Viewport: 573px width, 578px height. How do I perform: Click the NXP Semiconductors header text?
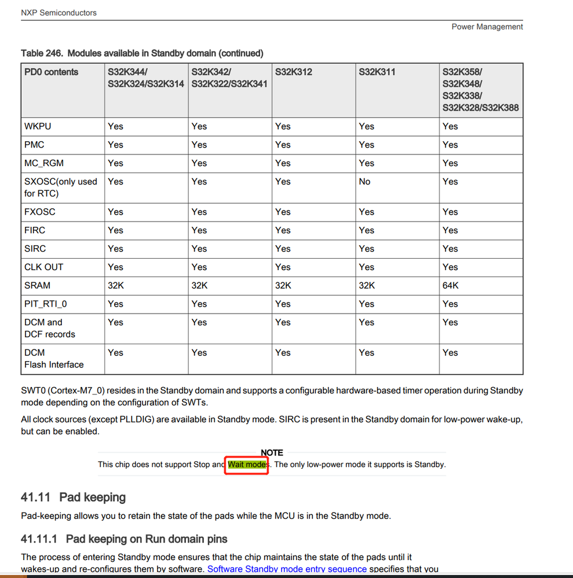click(x=59, y=12)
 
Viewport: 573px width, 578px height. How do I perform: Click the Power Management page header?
click(x=487, y=27)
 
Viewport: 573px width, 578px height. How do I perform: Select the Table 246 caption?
click(x=142, y=53)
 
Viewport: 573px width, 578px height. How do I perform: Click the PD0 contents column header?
click(x=51, y=72)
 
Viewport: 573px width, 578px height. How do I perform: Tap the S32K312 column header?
click(x=293, y=72)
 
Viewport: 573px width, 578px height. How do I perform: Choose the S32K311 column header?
click(x=377, y=72)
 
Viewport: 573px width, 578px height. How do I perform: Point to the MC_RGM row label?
click(x=44, y=163)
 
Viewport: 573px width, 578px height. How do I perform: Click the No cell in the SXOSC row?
click(x=364, y=182)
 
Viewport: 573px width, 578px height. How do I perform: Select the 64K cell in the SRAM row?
click(x=450, y=285)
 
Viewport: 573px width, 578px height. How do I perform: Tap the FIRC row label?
click(x=35, y=230)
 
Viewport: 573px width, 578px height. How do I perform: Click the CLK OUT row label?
click(x=44, y=267)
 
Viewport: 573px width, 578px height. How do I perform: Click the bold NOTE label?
click(x=272, y=452)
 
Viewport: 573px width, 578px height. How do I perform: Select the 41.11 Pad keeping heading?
click(x=73, y=498)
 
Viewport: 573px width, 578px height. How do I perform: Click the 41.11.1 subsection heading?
click(x=124, y=539)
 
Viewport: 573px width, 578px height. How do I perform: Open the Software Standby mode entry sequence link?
click(x=287, y=569)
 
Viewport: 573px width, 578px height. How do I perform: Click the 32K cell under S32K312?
click(x=283, y=285)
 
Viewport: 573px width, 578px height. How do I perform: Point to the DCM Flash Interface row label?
click(x=54, y=359)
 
